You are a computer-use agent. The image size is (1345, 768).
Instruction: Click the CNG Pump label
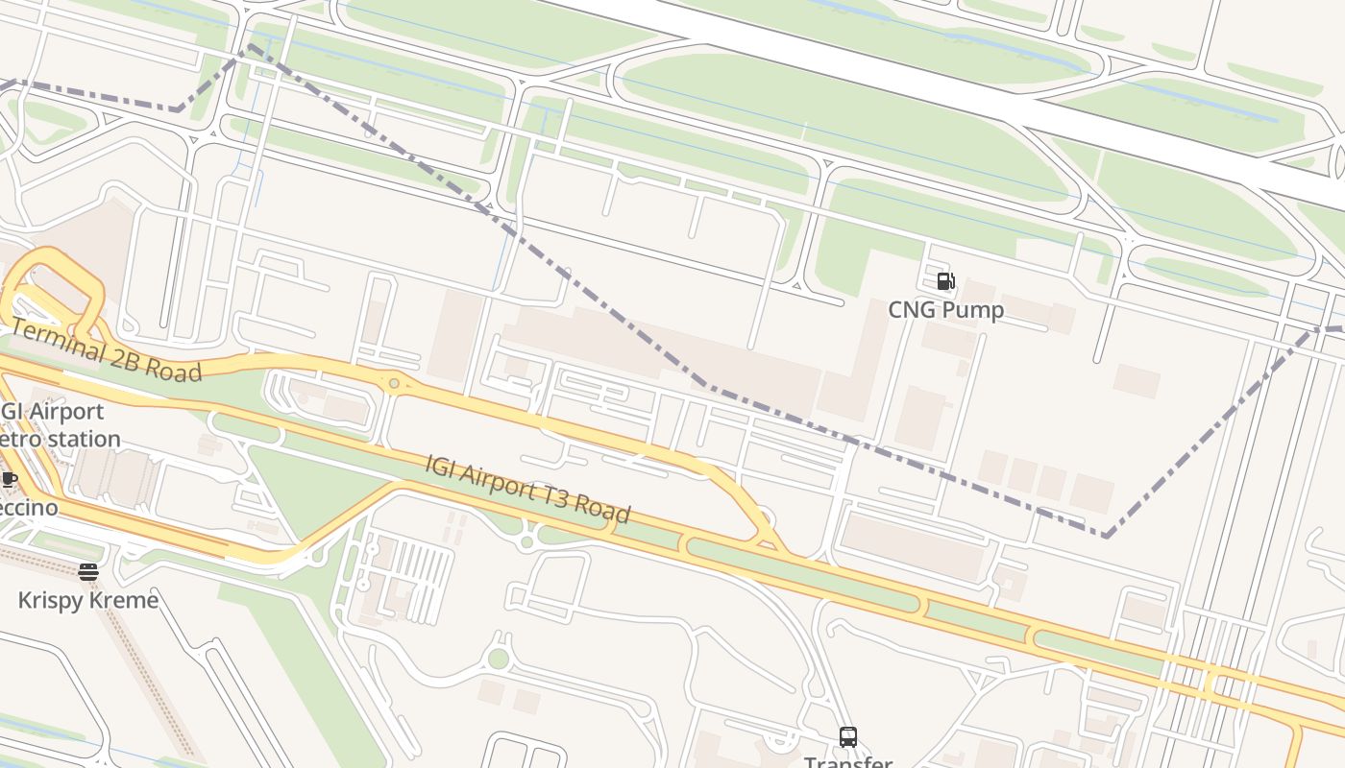(945, 309)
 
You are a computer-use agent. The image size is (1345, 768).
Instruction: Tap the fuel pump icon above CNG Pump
(945, 281)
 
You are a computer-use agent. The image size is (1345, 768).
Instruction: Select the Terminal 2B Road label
(107, 351)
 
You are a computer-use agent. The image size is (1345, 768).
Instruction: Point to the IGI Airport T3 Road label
(527, 489)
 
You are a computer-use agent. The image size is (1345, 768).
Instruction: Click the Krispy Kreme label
(88, 601)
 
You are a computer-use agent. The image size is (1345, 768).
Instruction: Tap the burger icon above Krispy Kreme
(88, 572)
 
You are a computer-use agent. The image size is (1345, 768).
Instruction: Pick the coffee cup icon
(9, 479)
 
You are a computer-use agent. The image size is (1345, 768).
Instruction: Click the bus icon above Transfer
(847, 736)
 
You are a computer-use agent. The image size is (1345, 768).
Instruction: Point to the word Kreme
(123, 601)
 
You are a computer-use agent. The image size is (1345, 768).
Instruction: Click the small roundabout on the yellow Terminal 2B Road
(394, 384)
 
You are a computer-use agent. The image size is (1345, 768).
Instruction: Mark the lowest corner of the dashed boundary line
(1107, 536)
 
